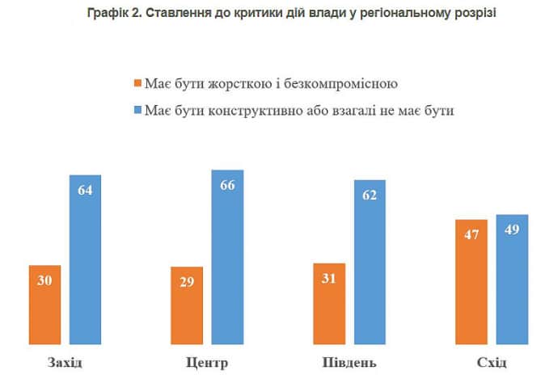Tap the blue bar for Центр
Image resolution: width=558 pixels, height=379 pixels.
click(x=227, y=258)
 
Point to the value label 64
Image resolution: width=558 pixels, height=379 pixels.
click(x=85, y=191)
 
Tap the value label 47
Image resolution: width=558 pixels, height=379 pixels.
click(x=471, y=235)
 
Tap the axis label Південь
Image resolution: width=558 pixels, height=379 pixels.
click(x=349, y=360)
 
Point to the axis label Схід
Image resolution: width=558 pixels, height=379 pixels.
click(x=492, y=360)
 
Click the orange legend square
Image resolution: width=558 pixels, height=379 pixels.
click(x=137, y=83)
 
